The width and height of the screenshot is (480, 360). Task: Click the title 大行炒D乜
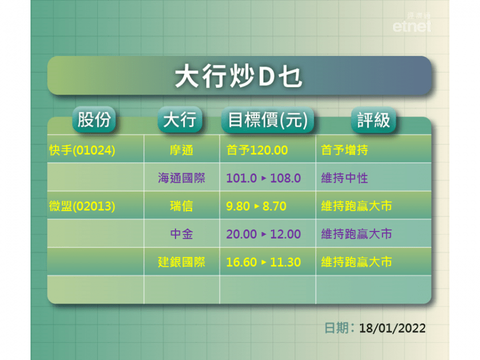238,76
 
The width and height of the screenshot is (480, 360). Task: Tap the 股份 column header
94,119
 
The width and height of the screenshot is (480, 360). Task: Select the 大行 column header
180,119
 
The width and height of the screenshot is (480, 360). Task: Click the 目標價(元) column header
268,119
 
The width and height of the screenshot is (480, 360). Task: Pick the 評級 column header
373,119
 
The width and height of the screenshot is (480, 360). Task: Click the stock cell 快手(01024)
82,150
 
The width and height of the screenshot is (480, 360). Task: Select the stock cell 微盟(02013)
82,206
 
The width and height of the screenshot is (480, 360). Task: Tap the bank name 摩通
181,150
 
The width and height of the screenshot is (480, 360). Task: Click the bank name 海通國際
181,178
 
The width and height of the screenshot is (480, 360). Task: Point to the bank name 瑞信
181,206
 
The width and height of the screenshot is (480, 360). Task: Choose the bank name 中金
181,234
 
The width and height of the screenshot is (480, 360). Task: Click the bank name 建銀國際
181,262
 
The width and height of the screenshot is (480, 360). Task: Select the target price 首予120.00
257,150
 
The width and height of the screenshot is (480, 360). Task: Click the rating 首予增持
345,150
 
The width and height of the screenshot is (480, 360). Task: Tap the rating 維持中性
345,178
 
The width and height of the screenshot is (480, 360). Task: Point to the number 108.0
285,178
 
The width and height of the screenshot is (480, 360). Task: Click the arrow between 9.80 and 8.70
257,206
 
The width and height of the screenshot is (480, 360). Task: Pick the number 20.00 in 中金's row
242,234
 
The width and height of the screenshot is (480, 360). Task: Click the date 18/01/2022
392,328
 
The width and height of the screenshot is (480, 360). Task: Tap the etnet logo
412,22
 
